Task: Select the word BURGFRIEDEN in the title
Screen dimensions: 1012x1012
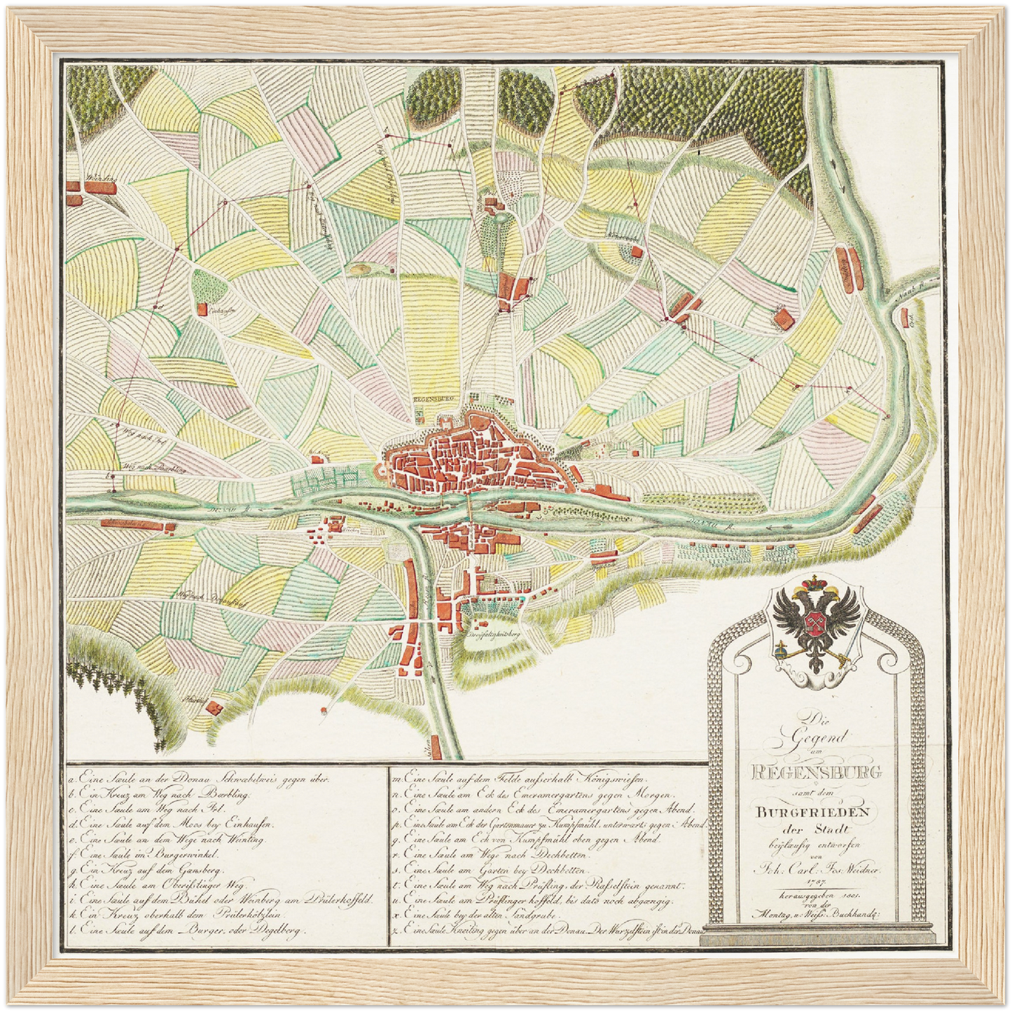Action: (812, 812)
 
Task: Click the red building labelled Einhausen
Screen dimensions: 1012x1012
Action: (202, 308)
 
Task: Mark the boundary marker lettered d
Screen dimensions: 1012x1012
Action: (160, 307)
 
